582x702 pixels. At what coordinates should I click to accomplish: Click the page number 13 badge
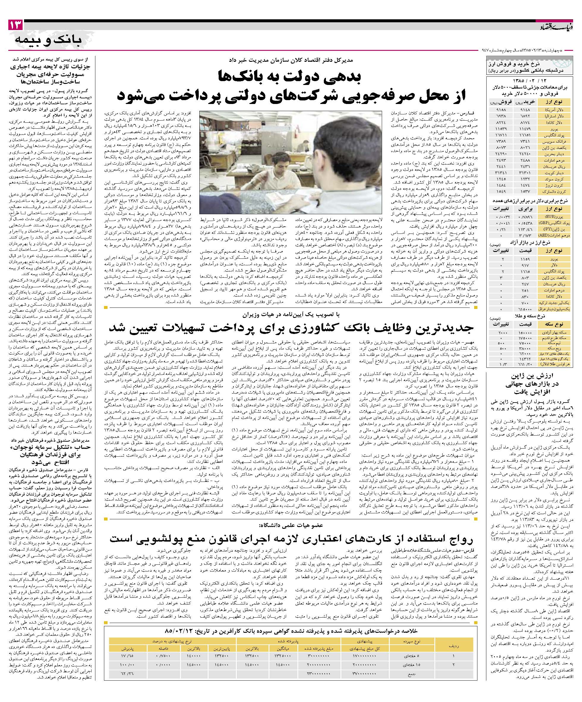[16, 25]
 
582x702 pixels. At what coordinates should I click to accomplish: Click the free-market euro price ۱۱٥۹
[525, 259]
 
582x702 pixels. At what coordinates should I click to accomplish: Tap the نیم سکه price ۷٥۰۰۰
[526, 343]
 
